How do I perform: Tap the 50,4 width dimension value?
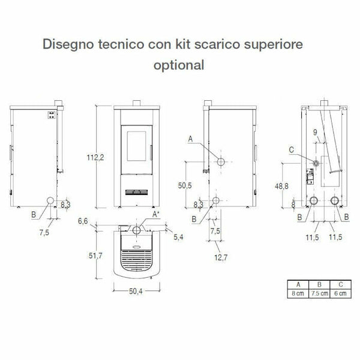click(135, 293)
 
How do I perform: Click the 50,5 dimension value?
click(185, 185)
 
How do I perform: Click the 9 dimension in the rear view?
click(314, 132)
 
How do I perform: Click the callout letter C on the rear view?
click(291, 149)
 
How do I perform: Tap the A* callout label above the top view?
click(156, 214)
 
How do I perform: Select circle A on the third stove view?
click(220, 162)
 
